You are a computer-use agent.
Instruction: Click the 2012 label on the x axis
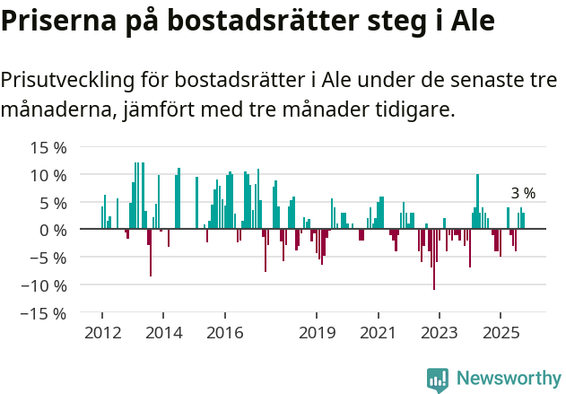101,334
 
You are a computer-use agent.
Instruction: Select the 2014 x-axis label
162,334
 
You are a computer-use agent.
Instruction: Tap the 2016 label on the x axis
224,334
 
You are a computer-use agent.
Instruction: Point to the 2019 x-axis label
316,334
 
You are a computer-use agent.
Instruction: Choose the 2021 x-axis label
378,334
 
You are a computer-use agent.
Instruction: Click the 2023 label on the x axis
439,334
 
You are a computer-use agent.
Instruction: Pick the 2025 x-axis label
501,334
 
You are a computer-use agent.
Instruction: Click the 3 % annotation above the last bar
523,194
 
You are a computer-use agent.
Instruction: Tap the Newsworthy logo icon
438,379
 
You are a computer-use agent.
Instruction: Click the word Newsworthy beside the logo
508,379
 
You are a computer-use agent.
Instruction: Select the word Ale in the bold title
472,22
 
